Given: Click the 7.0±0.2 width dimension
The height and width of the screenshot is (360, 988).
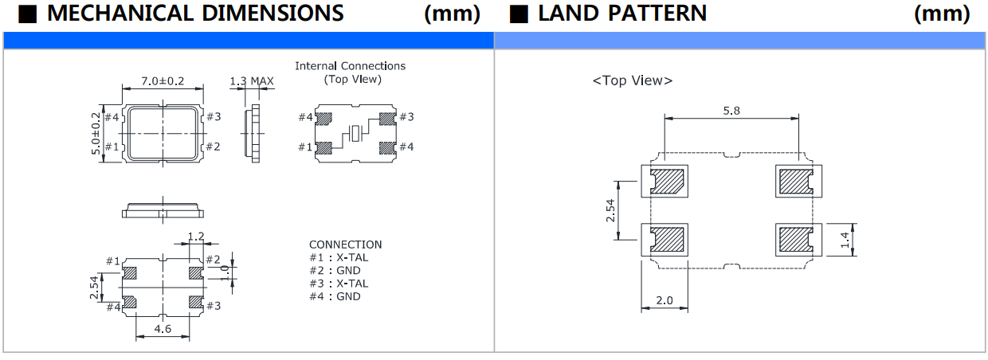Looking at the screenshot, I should pyautogui.click(x=163, y=81).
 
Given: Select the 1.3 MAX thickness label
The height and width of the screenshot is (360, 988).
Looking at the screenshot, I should pyautogui.click(x=251, y=81).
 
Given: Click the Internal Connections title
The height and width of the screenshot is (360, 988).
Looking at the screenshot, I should pyautogui.click(x=350, y=66).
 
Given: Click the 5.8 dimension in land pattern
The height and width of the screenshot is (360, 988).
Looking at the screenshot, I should pyautogui.click(x=731, y=111).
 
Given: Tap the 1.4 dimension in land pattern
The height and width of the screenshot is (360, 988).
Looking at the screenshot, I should pyautogui.click(x=848, y=237).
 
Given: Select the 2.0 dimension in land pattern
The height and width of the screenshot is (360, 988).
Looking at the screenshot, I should pyautogui.click(x=664, y=300).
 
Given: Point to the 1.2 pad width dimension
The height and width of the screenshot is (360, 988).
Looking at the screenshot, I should pyautogui.click(x=195, y=237).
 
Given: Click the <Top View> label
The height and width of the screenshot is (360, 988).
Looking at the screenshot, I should pyautogui.click(x=632, y=80).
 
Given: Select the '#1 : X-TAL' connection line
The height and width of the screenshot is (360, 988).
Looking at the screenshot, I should pyautogui.click(x=339, y=257).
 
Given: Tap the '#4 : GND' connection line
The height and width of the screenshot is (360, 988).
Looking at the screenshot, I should pyautogui.click(x=335, y=296).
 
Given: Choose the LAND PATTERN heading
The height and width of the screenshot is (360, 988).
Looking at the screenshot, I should pyautogui.click(x=621, y=14).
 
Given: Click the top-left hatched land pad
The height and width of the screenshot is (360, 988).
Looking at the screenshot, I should pyautogui.click(x=668, y=182).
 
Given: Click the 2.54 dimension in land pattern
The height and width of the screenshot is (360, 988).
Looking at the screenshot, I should pyautogui.click(x=611, y=210).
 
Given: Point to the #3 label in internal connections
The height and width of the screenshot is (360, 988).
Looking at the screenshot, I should pyautogui.click(x=406, y=117).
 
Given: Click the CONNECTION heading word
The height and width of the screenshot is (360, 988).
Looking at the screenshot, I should pyautogui.click(x=345, y=245).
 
